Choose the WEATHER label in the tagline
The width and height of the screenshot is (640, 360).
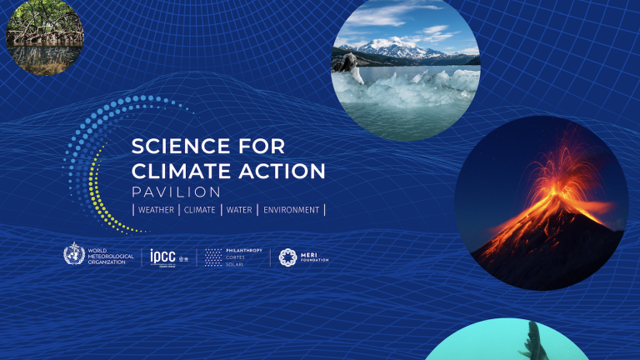coord(156,210)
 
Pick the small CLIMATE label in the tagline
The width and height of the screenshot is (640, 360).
coord(199,210)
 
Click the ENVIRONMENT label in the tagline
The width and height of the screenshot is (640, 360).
coord(291,210)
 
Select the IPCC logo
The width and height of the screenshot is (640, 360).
coord(163,256)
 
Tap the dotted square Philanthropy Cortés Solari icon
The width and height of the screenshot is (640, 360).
coord(214,257)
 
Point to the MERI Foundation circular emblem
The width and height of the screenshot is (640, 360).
coord(288,257)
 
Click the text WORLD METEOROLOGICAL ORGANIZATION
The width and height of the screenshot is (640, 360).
coord(111,256)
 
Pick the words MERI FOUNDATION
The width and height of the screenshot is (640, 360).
coord(315,257)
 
